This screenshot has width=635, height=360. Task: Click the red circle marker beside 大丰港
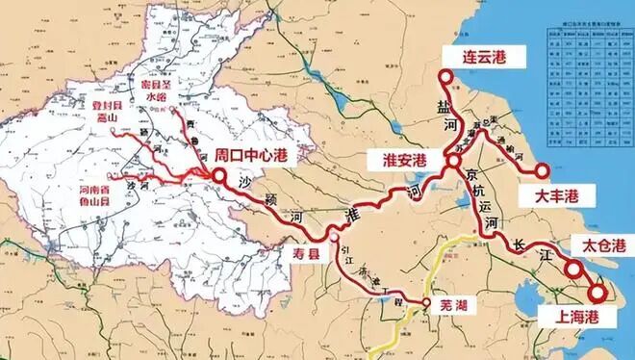543,172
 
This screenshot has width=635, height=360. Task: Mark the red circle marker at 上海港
597,292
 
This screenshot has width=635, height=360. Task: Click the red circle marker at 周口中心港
220,176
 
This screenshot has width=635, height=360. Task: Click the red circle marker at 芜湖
424,304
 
